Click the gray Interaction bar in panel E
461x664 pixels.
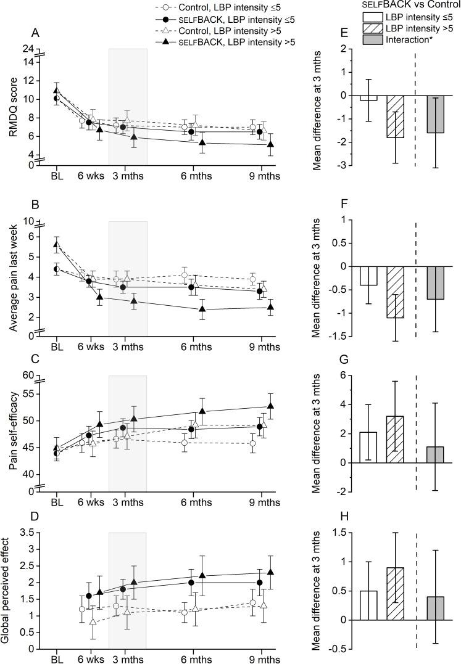pos(435,114)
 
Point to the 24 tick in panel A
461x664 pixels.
pos(28,49)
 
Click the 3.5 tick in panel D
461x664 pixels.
pos(27,532)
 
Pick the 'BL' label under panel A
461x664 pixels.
pos(57,176)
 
